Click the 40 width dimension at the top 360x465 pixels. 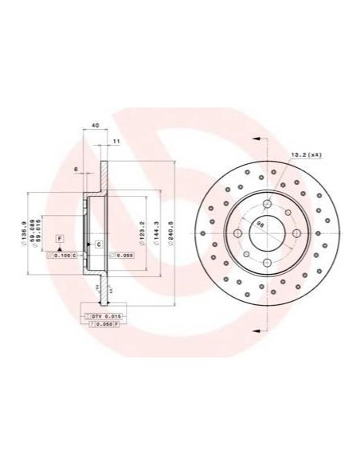point(96,126)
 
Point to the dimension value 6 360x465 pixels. point(75,170)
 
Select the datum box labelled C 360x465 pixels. point(98,243)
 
